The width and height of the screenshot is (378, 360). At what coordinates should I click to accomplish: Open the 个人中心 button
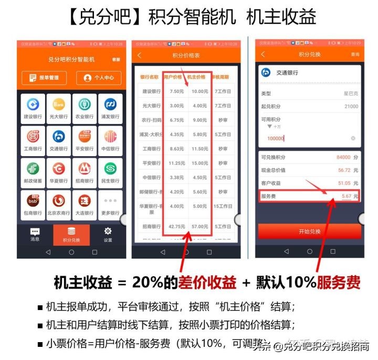coord(99,78)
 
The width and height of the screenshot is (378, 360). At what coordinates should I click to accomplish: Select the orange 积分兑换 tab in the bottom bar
coord(71,234)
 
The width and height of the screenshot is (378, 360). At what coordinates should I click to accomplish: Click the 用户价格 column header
coord(173,77)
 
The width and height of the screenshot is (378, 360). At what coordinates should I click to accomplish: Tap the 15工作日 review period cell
coord(223,207)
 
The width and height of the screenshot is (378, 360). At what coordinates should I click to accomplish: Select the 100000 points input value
coord(276,138)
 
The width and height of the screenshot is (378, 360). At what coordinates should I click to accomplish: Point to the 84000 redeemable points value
coord(344,157)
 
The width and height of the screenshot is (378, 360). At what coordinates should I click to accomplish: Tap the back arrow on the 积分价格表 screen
coord(140,55)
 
